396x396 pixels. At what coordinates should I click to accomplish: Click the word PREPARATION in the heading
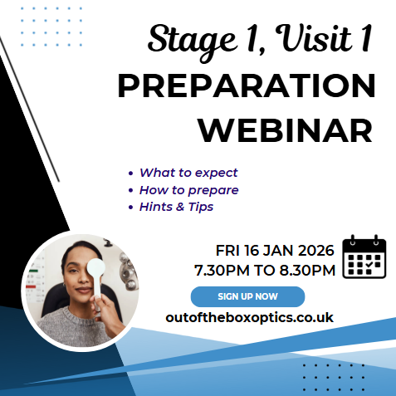246,87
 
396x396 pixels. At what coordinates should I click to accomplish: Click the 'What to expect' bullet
188,173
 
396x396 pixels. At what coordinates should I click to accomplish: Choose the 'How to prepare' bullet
188,189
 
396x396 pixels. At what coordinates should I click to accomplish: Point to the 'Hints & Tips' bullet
176,206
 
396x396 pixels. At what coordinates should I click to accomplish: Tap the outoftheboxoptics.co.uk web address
249,318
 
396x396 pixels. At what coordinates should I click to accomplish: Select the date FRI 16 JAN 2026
274,250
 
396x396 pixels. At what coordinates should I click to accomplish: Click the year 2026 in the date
315,250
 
